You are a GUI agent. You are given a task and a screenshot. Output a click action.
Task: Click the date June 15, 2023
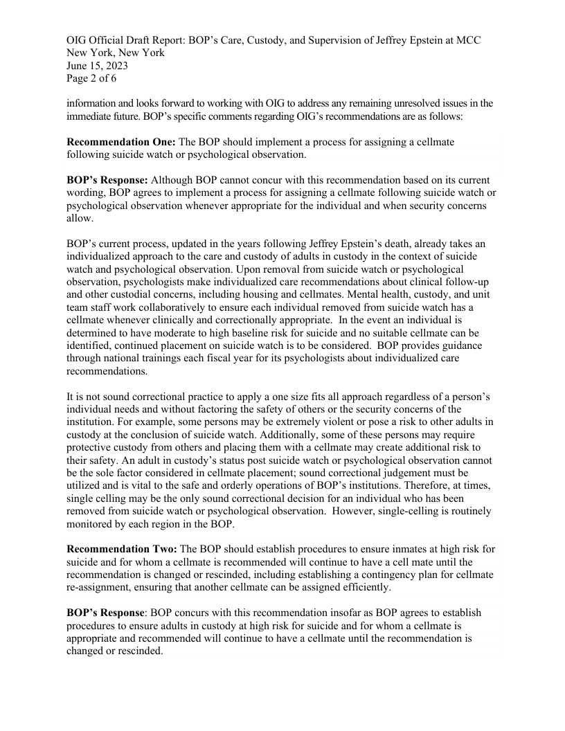point(97,66)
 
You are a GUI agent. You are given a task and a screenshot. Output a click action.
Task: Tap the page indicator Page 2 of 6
point(93,79)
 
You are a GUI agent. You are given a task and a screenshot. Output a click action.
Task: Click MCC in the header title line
point(467,40)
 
